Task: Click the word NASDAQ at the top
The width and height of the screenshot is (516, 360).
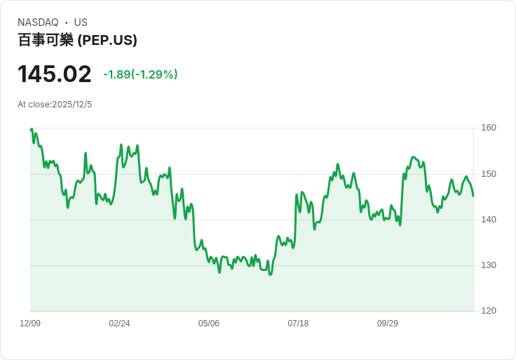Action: pos(38,22)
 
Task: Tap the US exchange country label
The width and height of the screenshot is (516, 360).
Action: pos(81,22)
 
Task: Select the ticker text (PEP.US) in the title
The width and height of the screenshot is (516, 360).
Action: pos(107,40)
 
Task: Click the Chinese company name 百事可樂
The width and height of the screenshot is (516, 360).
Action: pos(46,40)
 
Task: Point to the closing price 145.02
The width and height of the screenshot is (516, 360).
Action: pos(55,74)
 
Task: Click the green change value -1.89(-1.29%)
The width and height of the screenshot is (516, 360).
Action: pos(140,74)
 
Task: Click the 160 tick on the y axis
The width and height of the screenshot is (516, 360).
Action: pos(489,128)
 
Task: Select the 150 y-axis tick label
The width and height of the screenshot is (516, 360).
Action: pos(489,174)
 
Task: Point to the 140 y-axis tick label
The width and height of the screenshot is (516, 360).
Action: pos(489,220)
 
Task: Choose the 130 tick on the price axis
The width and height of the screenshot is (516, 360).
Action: pos(489,265)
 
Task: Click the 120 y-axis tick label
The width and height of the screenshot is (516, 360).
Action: pos(489,311)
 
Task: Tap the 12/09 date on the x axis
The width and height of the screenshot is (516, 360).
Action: pos(30,324)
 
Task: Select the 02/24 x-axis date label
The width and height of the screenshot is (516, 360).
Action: pos(119,324)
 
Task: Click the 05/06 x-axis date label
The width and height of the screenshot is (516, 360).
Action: pos(209,324)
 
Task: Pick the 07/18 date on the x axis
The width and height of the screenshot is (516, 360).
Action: pos(298,324)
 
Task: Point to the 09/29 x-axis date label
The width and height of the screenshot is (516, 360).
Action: pos(388,324)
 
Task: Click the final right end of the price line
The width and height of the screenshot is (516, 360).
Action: pos(473,196)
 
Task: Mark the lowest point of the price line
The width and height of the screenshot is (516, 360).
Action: pos(270,274)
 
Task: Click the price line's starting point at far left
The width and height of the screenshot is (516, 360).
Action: pos(31,129)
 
